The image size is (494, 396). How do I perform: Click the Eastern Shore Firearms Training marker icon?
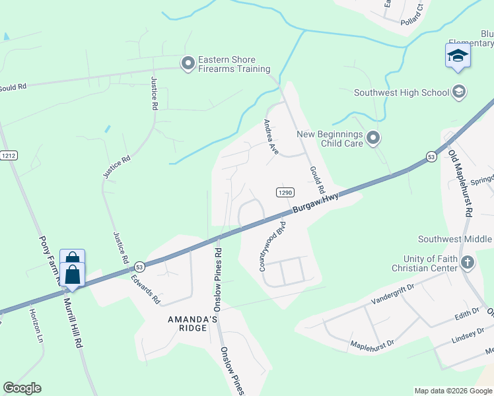coord(188,63)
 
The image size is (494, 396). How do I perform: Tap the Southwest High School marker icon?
coord(460,92)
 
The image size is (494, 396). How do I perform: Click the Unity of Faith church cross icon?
coord(467,263)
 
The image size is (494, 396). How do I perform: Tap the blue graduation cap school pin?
coord(458,56)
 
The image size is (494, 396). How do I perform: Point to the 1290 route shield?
coord(284,192)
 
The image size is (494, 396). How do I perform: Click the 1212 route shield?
coord(8,156)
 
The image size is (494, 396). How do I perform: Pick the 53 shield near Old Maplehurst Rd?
coord(431,156)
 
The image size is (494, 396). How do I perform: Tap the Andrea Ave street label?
coord(271,137)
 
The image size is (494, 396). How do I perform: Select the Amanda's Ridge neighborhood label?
coord(192,324)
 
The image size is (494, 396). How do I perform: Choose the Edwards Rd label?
coord(146,288)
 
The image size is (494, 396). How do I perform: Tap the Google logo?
coord(22,387)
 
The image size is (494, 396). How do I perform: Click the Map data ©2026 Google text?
coord(452,391)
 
